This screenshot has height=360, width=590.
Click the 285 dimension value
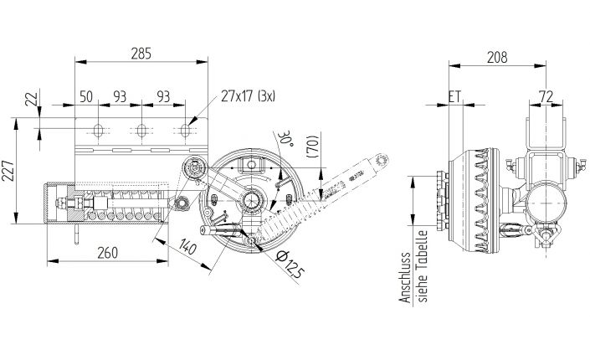[141, 54]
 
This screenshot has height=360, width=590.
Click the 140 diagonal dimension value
[187, 247]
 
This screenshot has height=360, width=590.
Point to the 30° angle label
[288, 136]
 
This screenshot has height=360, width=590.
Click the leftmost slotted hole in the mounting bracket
[99, 131]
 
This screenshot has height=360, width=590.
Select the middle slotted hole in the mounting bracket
[141, 131]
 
